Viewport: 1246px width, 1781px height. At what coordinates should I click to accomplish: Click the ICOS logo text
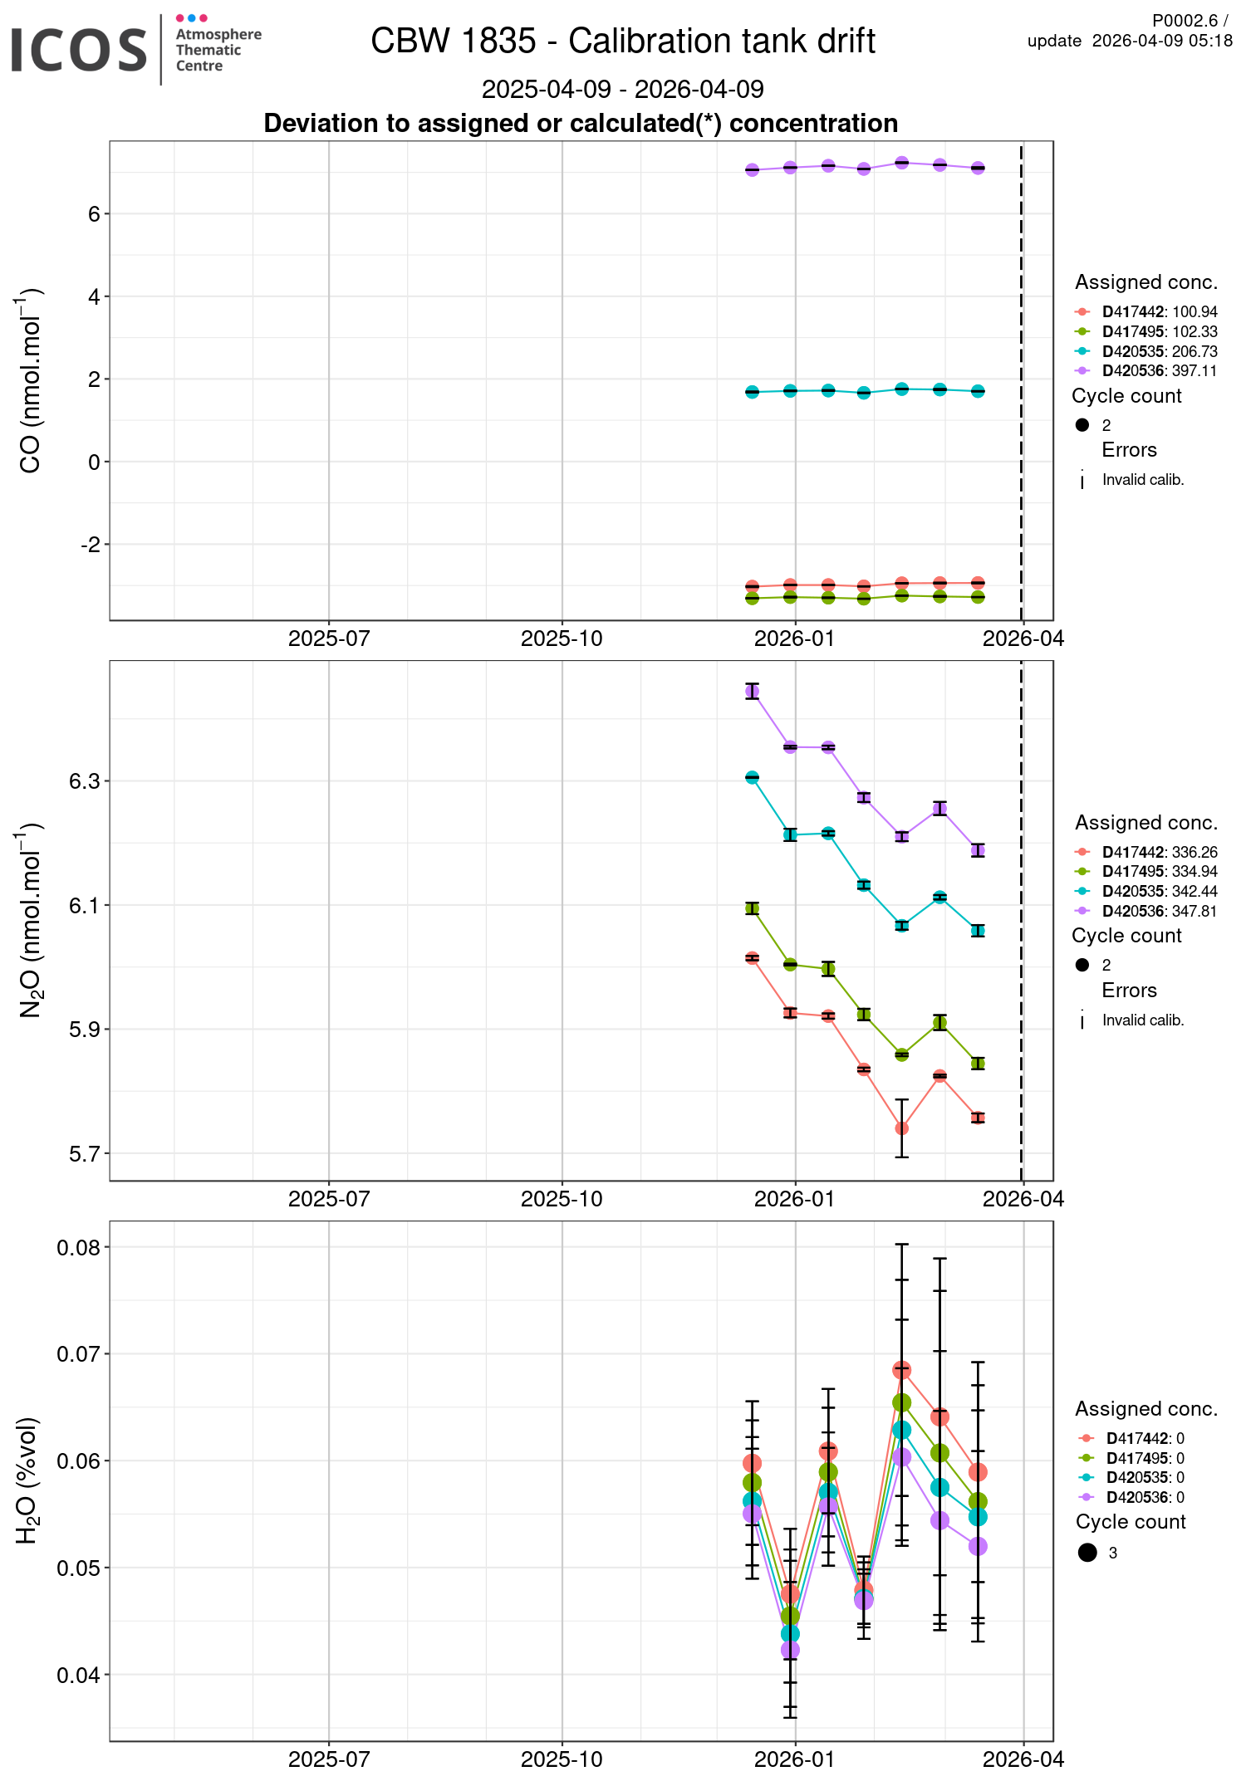point(79,50)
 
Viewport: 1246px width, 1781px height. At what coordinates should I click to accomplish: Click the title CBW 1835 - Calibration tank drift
point(623,41)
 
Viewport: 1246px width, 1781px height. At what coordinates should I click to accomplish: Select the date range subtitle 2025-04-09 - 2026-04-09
point(623,89)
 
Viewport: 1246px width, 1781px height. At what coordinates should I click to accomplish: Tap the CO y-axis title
point(31,381)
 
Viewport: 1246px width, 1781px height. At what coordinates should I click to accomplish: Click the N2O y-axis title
point(31,920)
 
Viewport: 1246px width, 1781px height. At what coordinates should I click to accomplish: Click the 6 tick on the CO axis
point(93,214)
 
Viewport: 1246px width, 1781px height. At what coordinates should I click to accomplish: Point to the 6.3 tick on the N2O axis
point(84,781)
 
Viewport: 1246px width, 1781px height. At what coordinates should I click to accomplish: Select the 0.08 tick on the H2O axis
point(78,1248)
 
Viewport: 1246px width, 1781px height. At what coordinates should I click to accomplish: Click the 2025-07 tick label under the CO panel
point(329,639)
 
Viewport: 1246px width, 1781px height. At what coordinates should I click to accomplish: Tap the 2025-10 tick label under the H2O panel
point(562,1759)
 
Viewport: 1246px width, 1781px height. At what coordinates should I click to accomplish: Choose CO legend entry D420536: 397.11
point(1159,371)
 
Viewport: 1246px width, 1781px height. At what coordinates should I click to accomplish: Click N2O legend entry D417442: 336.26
point(1159,853)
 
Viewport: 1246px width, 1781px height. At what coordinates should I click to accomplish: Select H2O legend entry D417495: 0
point(1145,1459)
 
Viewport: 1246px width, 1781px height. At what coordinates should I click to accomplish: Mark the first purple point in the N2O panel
point(753,691)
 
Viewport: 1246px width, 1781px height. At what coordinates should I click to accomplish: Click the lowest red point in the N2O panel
point(902,1128)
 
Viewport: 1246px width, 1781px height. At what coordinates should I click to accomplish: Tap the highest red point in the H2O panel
point(902,1370)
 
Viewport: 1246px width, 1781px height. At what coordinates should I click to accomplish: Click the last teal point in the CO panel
point(979,391)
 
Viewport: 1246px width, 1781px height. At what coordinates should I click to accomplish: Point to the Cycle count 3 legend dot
point(1087,1553)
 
